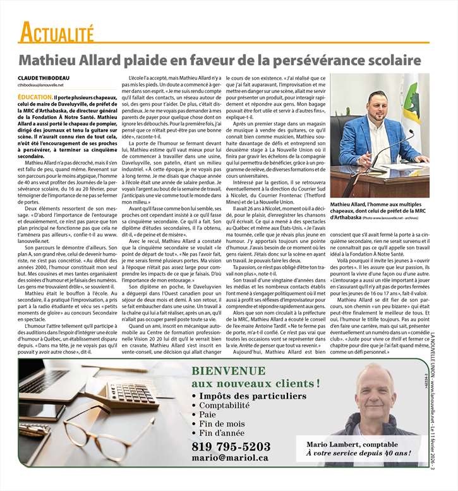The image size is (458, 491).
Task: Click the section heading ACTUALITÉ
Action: click(x=56, y=31)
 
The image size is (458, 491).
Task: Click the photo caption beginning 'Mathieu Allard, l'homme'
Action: click(x=379, y=210)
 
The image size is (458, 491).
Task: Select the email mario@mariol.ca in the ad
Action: click(x=231, y=457)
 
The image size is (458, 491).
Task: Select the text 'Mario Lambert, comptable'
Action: click(x=353, y=444)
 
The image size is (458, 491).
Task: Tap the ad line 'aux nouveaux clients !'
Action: click(x=255, y=383)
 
